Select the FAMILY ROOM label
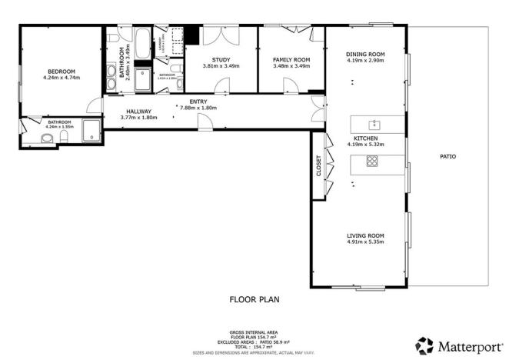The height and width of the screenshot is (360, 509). tap(291, 59)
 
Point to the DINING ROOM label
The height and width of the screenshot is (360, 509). tap(365, 54)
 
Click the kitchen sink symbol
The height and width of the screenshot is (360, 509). tap(374, 123)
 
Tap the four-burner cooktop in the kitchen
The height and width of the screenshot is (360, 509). tap(372, 161)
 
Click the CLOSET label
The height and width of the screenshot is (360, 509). tap(318, 167)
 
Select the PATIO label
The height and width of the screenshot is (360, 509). tap(447, 156)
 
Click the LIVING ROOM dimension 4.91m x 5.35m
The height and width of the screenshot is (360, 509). tap(365, 242)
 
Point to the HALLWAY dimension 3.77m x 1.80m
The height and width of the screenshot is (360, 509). tap(138, 117)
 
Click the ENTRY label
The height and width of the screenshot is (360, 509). tap(198, 102)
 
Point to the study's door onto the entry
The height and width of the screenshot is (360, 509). tap(224, 86)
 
